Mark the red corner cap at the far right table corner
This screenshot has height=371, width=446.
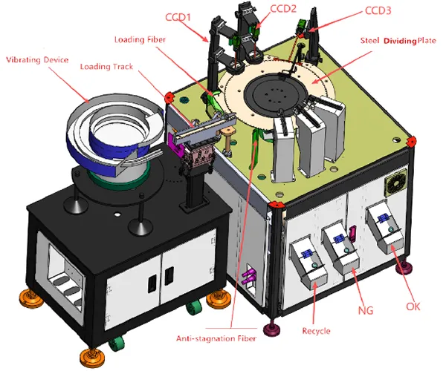413,139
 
